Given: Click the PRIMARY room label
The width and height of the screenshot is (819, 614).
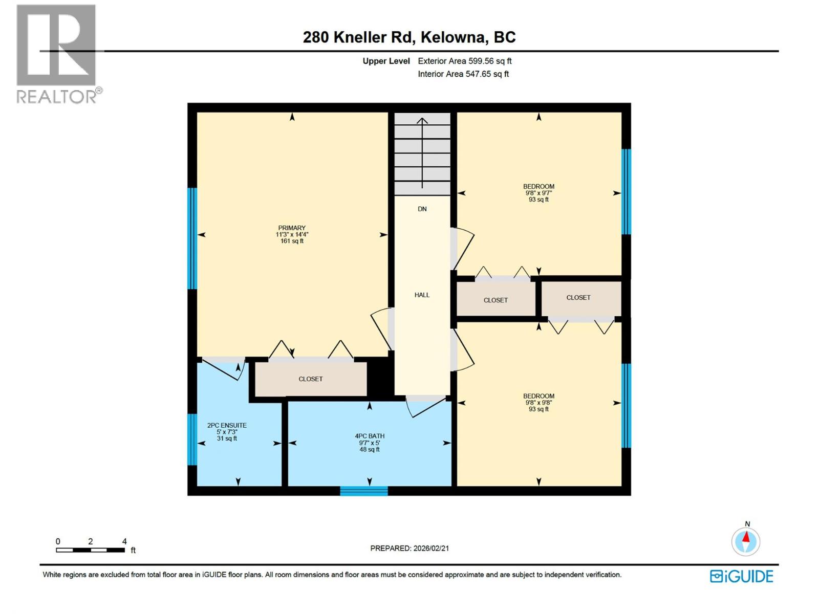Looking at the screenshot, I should tap(292, 228).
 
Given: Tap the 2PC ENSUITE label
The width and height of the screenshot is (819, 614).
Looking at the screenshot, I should tap(227, 425).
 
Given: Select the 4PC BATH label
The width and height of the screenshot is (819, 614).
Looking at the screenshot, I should tap(370, 436).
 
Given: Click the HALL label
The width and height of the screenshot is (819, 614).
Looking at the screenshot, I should tap(422, 295).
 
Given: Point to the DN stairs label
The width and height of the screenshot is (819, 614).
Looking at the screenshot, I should tap(422, 209).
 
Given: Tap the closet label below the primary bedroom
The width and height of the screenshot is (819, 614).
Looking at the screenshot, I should tap(311, 379).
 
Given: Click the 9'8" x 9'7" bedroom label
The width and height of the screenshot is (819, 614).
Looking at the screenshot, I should tap(538, 193).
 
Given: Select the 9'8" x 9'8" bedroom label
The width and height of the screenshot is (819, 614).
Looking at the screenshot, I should tap(538, 402).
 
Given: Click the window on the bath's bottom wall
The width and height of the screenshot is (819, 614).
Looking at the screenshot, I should tap(364, 491).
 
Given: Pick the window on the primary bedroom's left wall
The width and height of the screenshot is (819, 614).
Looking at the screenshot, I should tap(192, 238).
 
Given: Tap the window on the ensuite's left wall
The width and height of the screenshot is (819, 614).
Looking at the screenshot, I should tap(192, 440).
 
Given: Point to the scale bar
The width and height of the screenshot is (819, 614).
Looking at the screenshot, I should tap(90, 550).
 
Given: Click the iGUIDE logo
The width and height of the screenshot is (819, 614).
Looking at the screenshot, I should tap(741, 576).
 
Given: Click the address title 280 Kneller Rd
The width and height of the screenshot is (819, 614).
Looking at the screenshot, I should tap(409, 37).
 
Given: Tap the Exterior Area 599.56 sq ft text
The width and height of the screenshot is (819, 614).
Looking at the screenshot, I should tap(464, 61).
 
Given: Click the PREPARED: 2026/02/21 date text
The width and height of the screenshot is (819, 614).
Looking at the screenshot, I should tap(409, 548).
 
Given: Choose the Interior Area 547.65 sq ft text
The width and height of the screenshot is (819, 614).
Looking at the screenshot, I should tap(463, 74).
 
